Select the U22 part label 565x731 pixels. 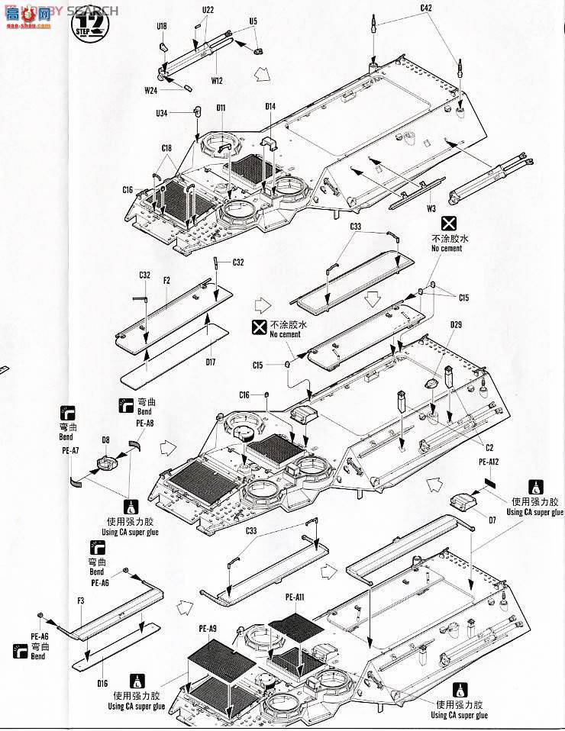point(208,9)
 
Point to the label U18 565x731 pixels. point(161,26)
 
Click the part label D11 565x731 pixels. point(220,108)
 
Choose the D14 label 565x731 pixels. point(270,107)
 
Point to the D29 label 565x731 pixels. point(456,325)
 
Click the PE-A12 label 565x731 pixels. point(488,462)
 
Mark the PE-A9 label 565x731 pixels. point(209,629)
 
